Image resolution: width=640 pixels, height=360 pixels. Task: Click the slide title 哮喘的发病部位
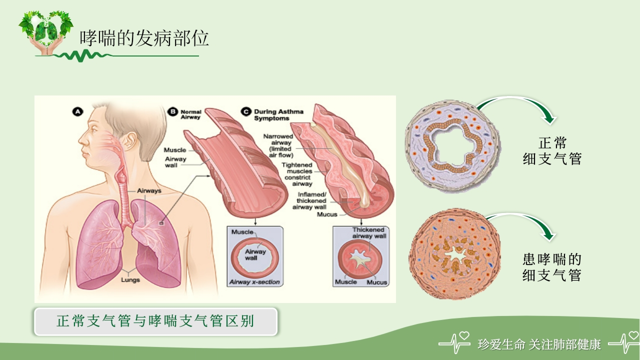click(x=144, y=38)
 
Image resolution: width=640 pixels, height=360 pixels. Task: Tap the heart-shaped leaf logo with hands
click(x=45, y=31)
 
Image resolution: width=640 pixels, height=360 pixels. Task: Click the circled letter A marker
click(x=77, y=112)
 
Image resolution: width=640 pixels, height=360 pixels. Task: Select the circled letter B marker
click(x=172, y=112)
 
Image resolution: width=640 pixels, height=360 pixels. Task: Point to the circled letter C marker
click(x=246, y=112)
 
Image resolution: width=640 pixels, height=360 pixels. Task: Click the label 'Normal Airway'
click(x=190, y=114)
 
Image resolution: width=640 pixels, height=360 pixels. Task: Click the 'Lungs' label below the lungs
click(x=130, y=280)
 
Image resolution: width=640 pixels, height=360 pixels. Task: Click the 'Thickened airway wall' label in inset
click(x=368, y=232)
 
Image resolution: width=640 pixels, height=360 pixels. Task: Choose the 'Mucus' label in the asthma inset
click(x=377, y=282)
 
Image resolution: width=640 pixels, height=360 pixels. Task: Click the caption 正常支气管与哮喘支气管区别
click(x=155, y=321)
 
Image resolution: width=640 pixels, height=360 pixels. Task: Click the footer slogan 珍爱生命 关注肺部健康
click(x=539, y=344)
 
